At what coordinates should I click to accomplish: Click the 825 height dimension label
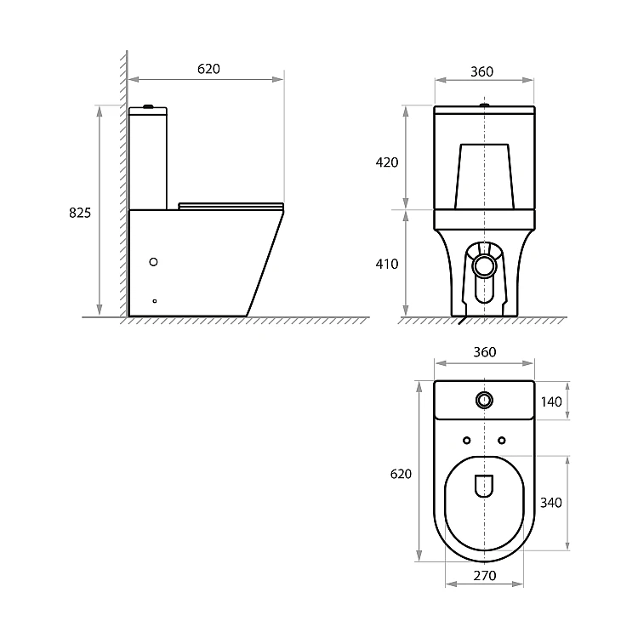point(80,213)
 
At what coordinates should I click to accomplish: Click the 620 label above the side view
point(208,69)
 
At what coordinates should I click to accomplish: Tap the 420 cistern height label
point(386,162)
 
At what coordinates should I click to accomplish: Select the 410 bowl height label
point(386,264)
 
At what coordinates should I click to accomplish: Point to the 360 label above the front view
point(481,71)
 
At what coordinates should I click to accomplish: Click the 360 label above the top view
point(484,352)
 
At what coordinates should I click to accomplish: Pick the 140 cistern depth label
point(551,402)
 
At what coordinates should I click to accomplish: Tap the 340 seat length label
point(551,503)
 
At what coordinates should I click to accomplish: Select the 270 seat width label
point(485,576)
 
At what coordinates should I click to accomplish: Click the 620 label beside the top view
point(401,474)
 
